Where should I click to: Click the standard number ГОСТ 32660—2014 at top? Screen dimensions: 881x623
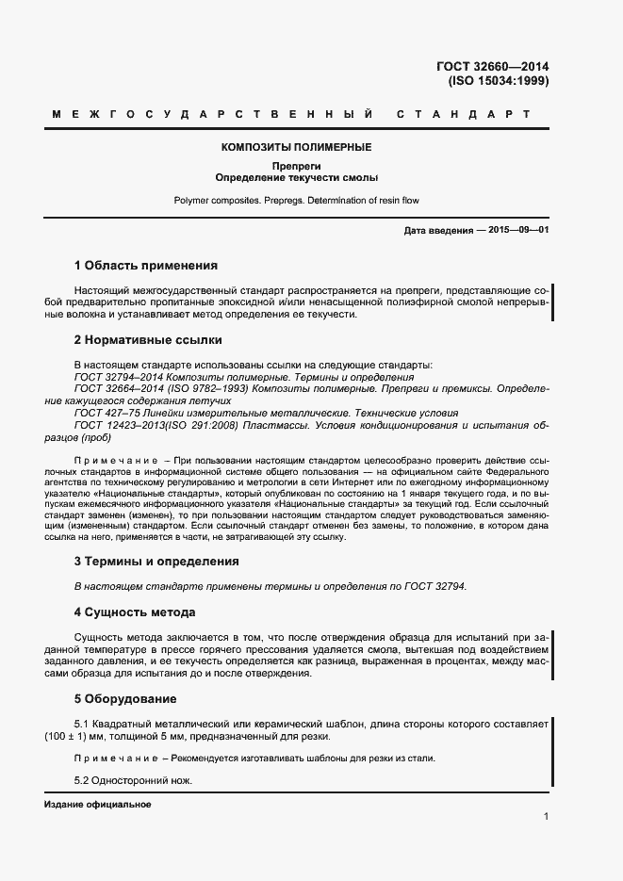click(492, 66)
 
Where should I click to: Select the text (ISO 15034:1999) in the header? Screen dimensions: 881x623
click(498, 81)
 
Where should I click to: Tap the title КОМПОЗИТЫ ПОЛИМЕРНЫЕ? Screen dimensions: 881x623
click(297, 147)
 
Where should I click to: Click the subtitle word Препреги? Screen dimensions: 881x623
click(297, 166)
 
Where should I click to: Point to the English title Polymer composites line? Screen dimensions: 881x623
click(297, 201)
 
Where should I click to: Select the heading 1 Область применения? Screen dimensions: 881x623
click(145, 266)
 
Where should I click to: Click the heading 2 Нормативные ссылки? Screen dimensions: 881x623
click(148, 340)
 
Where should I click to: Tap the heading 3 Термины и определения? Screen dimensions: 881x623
click(156, 561)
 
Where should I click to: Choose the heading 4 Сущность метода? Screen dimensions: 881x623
click(135, 612)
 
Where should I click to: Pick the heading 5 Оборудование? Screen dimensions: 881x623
click(124, 699)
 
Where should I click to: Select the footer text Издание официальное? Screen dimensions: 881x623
click(97, 806)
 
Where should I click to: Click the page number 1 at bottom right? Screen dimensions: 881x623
click(546, 817)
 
